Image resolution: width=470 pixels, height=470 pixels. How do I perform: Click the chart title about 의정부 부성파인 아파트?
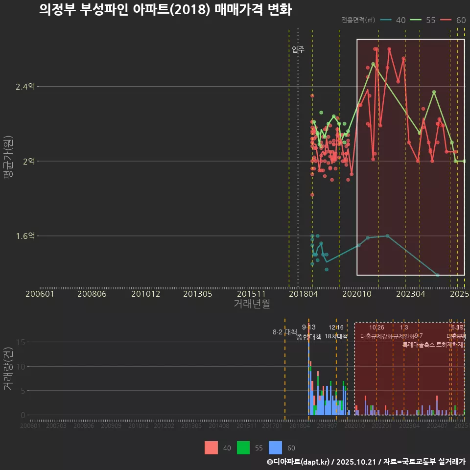(x=165, y=10)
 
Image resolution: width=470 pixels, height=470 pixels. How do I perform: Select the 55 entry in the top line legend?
(x=423, y=20)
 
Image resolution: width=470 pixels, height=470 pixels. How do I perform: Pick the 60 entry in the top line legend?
(x=453, y=20)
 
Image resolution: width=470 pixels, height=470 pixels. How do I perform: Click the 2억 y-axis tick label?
(x=28, y=161)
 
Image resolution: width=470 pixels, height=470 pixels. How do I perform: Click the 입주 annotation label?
(x=298, y=49)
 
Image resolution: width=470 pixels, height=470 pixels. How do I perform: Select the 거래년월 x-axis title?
(x=252, y=304)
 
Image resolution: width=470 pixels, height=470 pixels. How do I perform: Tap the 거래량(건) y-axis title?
(x=8, y=369)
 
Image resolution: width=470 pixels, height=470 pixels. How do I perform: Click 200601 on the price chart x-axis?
(x=40, y=294)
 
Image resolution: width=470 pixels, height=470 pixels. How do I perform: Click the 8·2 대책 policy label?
(x=285, y=332)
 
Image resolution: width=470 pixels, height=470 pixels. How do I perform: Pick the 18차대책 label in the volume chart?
(x=336, y=336)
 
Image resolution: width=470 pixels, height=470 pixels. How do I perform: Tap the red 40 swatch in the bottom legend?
(x=211, y=447)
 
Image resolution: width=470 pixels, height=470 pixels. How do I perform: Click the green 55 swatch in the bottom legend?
(x=243, y=447)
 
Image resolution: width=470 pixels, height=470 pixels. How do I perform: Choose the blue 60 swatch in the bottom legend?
(x=276, y=447)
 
